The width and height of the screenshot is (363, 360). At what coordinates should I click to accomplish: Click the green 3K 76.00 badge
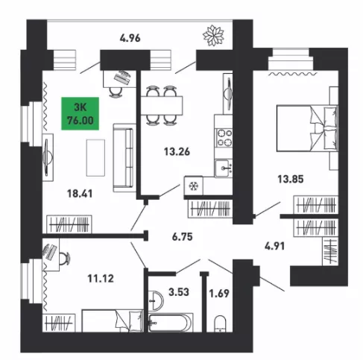(81, 113)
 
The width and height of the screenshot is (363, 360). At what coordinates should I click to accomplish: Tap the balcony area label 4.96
(130, 38)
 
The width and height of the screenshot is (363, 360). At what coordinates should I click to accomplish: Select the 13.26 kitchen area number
(177, 151)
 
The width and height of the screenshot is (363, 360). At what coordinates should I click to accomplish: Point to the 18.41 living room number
(80, 194)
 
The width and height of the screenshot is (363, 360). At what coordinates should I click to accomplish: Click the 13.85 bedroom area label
(291, 179)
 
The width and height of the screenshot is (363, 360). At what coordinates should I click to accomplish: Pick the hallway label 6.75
(183, 237)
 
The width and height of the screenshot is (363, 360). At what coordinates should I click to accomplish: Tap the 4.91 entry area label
(274, 246)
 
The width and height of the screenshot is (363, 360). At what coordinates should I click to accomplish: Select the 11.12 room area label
(101, 279)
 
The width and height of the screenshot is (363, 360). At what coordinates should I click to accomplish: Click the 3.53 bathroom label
(179, 292)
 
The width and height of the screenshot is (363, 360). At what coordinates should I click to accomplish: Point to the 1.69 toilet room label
(219, 294)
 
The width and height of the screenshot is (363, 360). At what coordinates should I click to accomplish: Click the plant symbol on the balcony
(213, 35)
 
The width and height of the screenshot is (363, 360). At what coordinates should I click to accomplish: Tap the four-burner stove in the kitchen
(224, 138)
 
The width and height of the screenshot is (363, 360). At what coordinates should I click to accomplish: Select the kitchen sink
(224, 168)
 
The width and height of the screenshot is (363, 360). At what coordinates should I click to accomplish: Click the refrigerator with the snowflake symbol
(193, 186)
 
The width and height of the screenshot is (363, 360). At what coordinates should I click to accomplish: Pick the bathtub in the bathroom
(171, 323)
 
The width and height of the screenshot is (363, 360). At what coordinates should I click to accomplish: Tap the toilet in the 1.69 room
(220, 323)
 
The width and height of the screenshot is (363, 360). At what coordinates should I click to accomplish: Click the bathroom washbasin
(155, 300)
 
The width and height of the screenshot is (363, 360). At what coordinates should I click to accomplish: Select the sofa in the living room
(123, 158)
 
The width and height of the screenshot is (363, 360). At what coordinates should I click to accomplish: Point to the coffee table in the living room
(95, 158)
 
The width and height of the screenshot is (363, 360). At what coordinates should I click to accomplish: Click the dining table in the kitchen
(162, 105)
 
